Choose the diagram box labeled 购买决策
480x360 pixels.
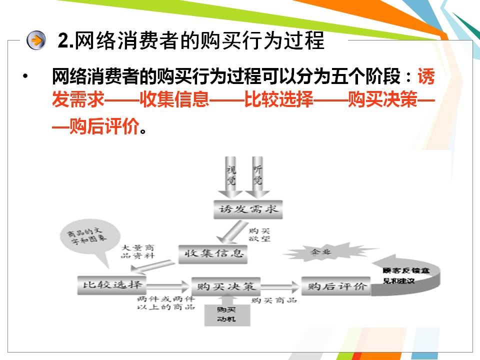click(x=226, y=286)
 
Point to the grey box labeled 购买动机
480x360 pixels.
click(x=227, y=314)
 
